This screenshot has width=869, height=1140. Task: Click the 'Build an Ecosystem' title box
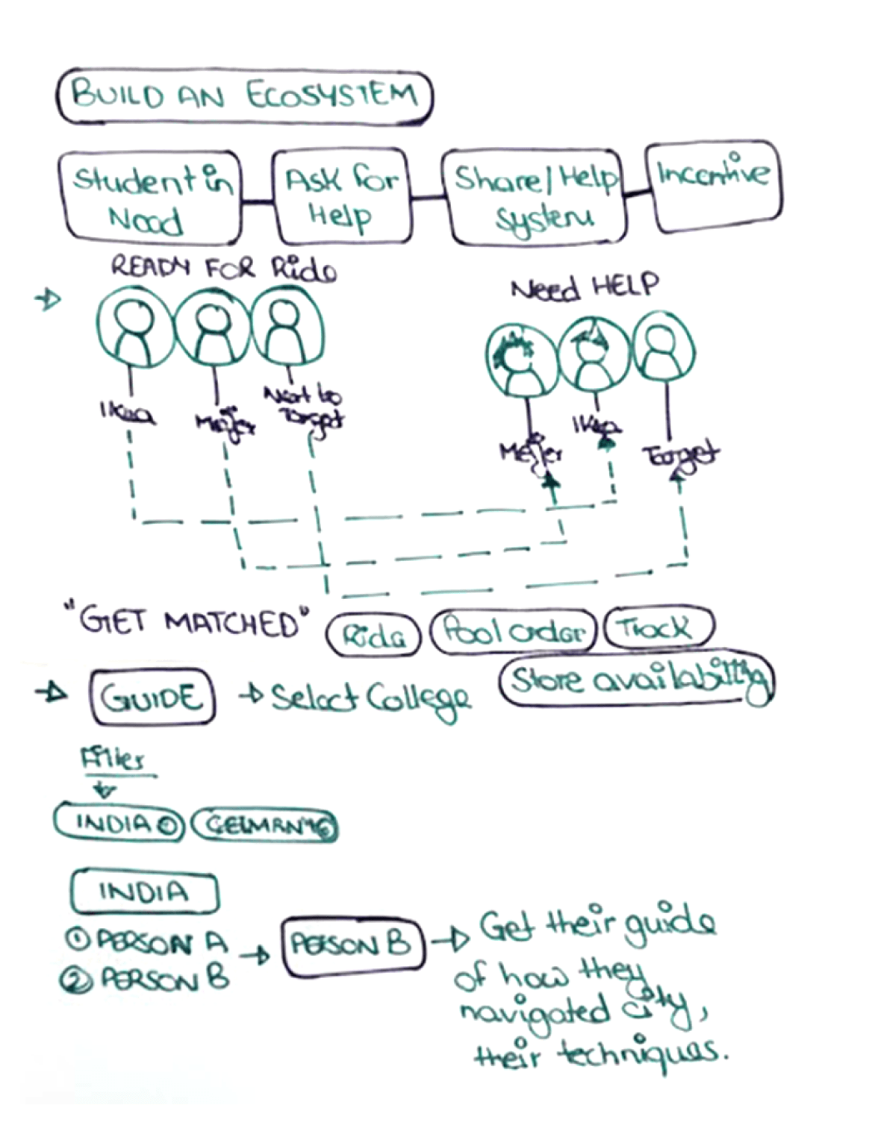pos(244,95)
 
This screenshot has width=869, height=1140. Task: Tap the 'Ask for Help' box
pos(342,197)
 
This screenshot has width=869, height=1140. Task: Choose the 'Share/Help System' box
pos(535,197)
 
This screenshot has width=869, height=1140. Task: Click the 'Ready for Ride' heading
pos(222,268)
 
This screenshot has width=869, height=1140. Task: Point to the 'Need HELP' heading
pos(585,286)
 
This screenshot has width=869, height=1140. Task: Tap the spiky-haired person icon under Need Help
pos(516,358)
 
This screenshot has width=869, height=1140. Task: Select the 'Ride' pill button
pos(373,636)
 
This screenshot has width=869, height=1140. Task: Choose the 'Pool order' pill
pos(514,632)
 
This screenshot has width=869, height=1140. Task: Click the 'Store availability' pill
pos(637,680)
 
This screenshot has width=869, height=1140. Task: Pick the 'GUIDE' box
pos(152,697)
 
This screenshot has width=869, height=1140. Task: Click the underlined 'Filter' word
pos(112,760)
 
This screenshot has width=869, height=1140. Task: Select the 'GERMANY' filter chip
pos(264,824)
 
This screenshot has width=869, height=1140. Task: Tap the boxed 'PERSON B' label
pos(351,946)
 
